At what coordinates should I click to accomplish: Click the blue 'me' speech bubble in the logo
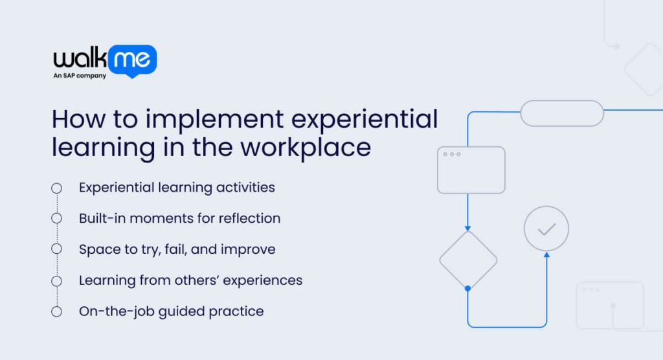tap(133, 61)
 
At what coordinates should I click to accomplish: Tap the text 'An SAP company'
tap(80, 76)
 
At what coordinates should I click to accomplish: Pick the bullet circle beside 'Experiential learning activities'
tap(56, 188)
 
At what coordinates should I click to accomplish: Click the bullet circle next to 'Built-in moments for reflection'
tap(56, 218)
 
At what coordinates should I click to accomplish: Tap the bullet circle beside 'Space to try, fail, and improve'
tap(56, 249)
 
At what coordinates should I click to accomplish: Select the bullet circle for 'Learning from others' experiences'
tap(56, 280)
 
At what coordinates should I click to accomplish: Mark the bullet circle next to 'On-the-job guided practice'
tap(56, 311)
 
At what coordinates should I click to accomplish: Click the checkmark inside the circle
tap(546, 229)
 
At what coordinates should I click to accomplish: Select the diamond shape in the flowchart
tap(467, 260)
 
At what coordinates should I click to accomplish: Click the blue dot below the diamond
tap(467, 288)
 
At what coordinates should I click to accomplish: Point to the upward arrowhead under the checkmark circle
tap(546, 255)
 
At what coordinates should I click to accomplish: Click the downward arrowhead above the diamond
tap(467, 228)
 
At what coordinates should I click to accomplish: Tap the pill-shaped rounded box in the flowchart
tap(562, 113)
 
